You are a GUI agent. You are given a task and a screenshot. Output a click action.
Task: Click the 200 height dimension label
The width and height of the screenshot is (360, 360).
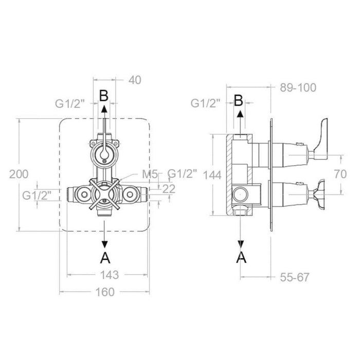click(x=19, y=174)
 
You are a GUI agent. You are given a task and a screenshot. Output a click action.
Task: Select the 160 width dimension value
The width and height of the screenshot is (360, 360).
click(x=105, y=292)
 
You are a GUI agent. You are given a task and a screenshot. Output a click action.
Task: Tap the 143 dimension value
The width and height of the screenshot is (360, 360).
click(x=110, y=275)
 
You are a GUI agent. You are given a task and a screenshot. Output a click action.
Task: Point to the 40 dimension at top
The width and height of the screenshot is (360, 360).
click(x=135, y=80)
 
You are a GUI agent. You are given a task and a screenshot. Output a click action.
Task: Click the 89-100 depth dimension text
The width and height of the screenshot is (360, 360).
click(x=298, y=87)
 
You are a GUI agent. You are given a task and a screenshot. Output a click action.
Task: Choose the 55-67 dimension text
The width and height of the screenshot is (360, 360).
click(x=295, y=277)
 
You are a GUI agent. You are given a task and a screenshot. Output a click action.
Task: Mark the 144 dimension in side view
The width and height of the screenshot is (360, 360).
click(x=212, y=175)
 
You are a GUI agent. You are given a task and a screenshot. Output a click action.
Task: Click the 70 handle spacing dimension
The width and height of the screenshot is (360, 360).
click(x=340, y=174)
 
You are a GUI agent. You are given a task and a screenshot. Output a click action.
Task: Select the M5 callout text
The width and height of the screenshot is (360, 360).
click(x=150, y=174)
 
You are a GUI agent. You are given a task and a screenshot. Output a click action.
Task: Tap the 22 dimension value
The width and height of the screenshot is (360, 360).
click(x=169, y=189)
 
